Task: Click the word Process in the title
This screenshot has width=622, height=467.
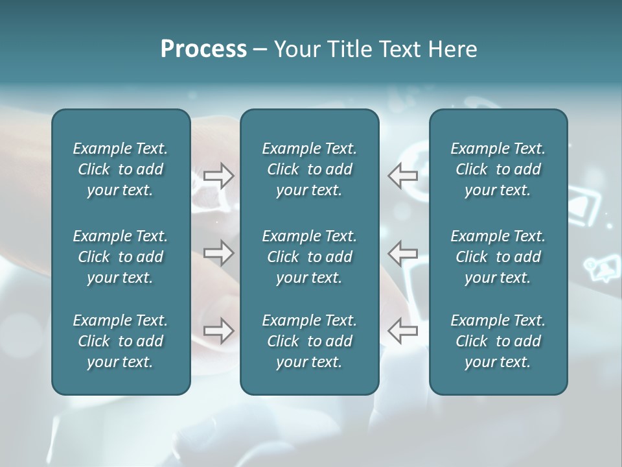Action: coord(203,49)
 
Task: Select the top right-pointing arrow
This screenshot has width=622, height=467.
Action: coord(219,176)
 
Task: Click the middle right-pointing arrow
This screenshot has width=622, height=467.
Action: coord(219,253)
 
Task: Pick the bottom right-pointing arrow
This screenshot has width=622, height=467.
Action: coord(219,330)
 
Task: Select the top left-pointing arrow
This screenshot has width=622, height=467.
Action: coord(402,176)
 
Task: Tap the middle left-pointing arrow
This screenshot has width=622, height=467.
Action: coord(402,253)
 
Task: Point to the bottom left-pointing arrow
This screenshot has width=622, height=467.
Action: coord(402,330)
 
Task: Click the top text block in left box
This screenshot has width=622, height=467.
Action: coord(121,169)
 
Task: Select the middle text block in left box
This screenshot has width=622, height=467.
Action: coord(121,257)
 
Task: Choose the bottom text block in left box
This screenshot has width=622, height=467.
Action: coord(121,341)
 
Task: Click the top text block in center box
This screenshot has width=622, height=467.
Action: coord(309,169)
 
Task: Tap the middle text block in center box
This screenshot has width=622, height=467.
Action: coord(309,257)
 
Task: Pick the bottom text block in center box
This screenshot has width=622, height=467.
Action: coord(309,341)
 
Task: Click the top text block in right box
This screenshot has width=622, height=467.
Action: coord(498,169)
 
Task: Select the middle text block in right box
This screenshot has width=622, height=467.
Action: coord(498,257)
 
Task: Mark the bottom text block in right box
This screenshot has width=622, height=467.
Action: coord(498,341)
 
